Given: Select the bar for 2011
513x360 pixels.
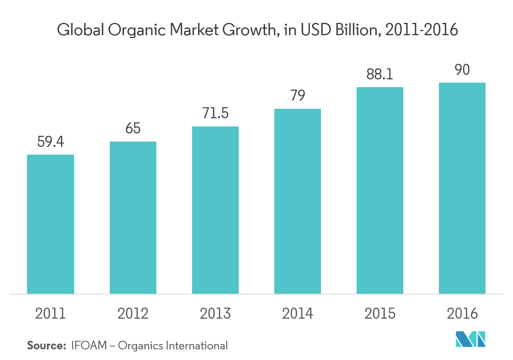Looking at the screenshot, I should (x=50, y=224).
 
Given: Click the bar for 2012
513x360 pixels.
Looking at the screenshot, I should (x=133, y=218).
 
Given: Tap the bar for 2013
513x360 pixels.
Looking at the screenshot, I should (x=215, y=210).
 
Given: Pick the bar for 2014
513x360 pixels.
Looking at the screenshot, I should (x=298, y=201).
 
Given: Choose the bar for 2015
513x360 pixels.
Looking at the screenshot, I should (x=380, y=190).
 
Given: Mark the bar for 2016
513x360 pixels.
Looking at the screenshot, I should (x=462, y=188).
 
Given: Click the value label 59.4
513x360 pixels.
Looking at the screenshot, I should (x=51, y=142).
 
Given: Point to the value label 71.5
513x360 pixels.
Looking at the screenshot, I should (x=215, y=114).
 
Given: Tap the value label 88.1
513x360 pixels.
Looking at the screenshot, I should (x=380, y=74).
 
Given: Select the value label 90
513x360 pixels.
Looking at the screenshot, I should (x=462, y=70).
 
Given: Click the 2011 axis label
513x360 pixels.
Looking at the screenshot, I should (x=51, y=314).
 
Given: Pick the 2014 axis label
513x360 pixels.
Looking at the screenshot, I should (x=298, y=314).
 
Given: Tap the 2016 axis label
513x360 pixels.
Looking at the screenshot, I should (x=462, y=314).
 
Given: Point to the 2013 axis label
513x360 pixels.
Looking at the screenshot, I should (x=215, y=314).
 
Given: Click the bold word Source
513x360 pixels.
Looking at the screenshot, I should (x=46, y=346).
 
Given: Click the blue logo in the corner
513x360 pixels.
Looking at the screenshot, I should (x=470, y=339).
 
